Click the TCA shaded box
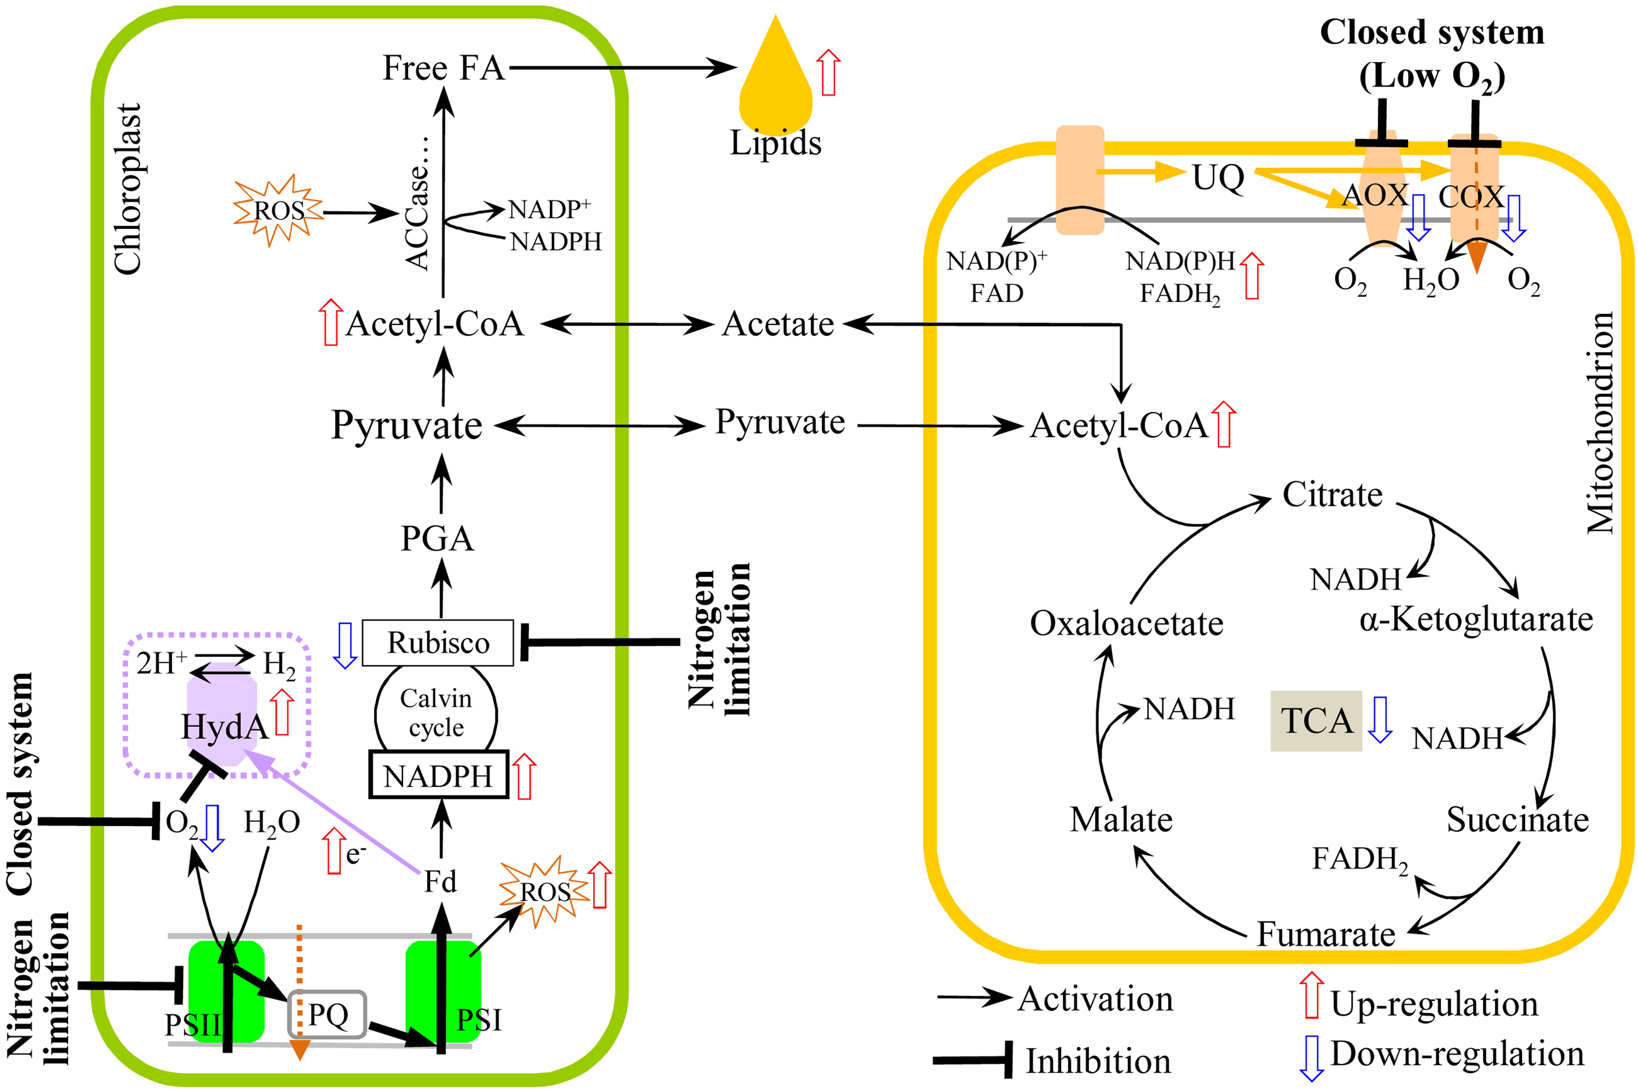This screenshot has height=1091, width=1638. (1316, 721)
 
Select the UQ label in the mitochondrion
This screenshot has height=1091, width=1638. (1218, 178)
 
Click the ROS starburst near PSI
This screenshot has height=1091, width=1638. (544, 892)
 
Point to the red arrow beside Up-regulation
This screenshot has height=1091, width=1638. (1311, 995)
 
